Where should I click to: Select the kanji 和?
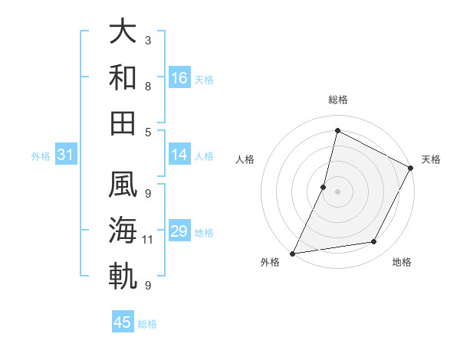(123, 77)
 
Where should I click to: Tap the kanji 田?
(123, 122)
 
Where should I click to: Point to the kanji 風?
(123, 186)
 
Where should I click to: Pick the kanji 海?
(123, 231)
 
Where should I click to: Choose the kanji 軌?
(123, 277)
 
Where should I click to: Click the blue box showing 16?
(179, 78)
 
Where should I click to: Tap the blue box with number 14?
(179, 155)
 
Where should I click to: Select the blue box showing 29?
(179, 232)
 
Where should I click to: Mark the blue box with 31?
(65, 155)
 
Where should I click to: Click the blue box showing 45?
(123, 322)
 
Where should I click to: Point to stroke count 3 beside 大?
(148, 40)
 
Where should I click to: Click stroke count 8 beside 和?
(148, 86)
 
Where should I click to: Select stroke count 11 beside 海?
(148, 240)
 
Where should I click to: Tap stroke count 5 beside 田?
(148, 132)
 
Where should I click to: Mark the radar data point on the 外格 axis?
(293, 253)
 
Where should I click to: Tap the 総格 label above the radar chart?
(337, 100)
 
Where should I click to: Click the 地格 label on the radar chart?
(402, 263)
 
